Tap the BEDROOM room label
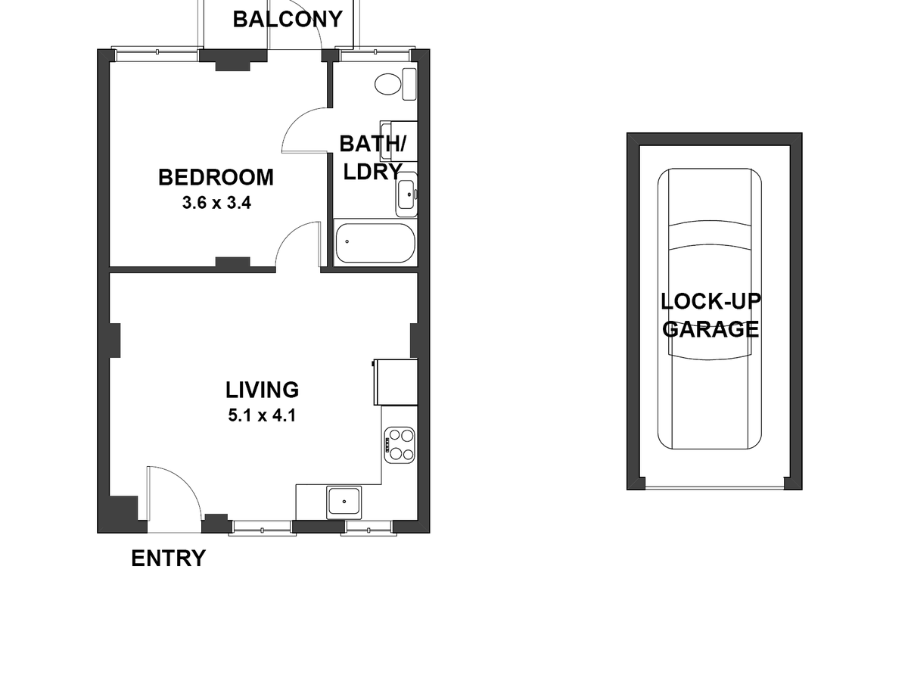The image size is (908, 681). tap(216, 177)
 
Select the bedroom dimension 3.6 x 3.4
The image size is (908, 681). tap(216, 203)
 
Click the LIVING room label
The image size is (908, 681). tap(262, 390)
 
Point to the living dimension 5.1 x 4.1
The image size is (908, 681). tap(262, 415)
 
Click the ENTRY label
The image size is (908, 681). tap(168, 558)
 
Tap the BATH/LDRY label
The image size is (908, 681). tap(372, 157)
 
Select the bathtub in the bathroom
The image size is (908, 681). tap(375, 242)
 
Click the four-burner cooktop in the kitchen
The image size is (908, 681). tap(400, 445)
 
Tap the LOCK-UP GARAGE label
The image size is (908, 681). tap(711, 315)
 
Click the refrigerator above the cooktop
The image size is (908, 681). tap(396, 382)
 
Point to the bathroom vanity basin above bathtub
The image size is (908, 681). tap(406, 194)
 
